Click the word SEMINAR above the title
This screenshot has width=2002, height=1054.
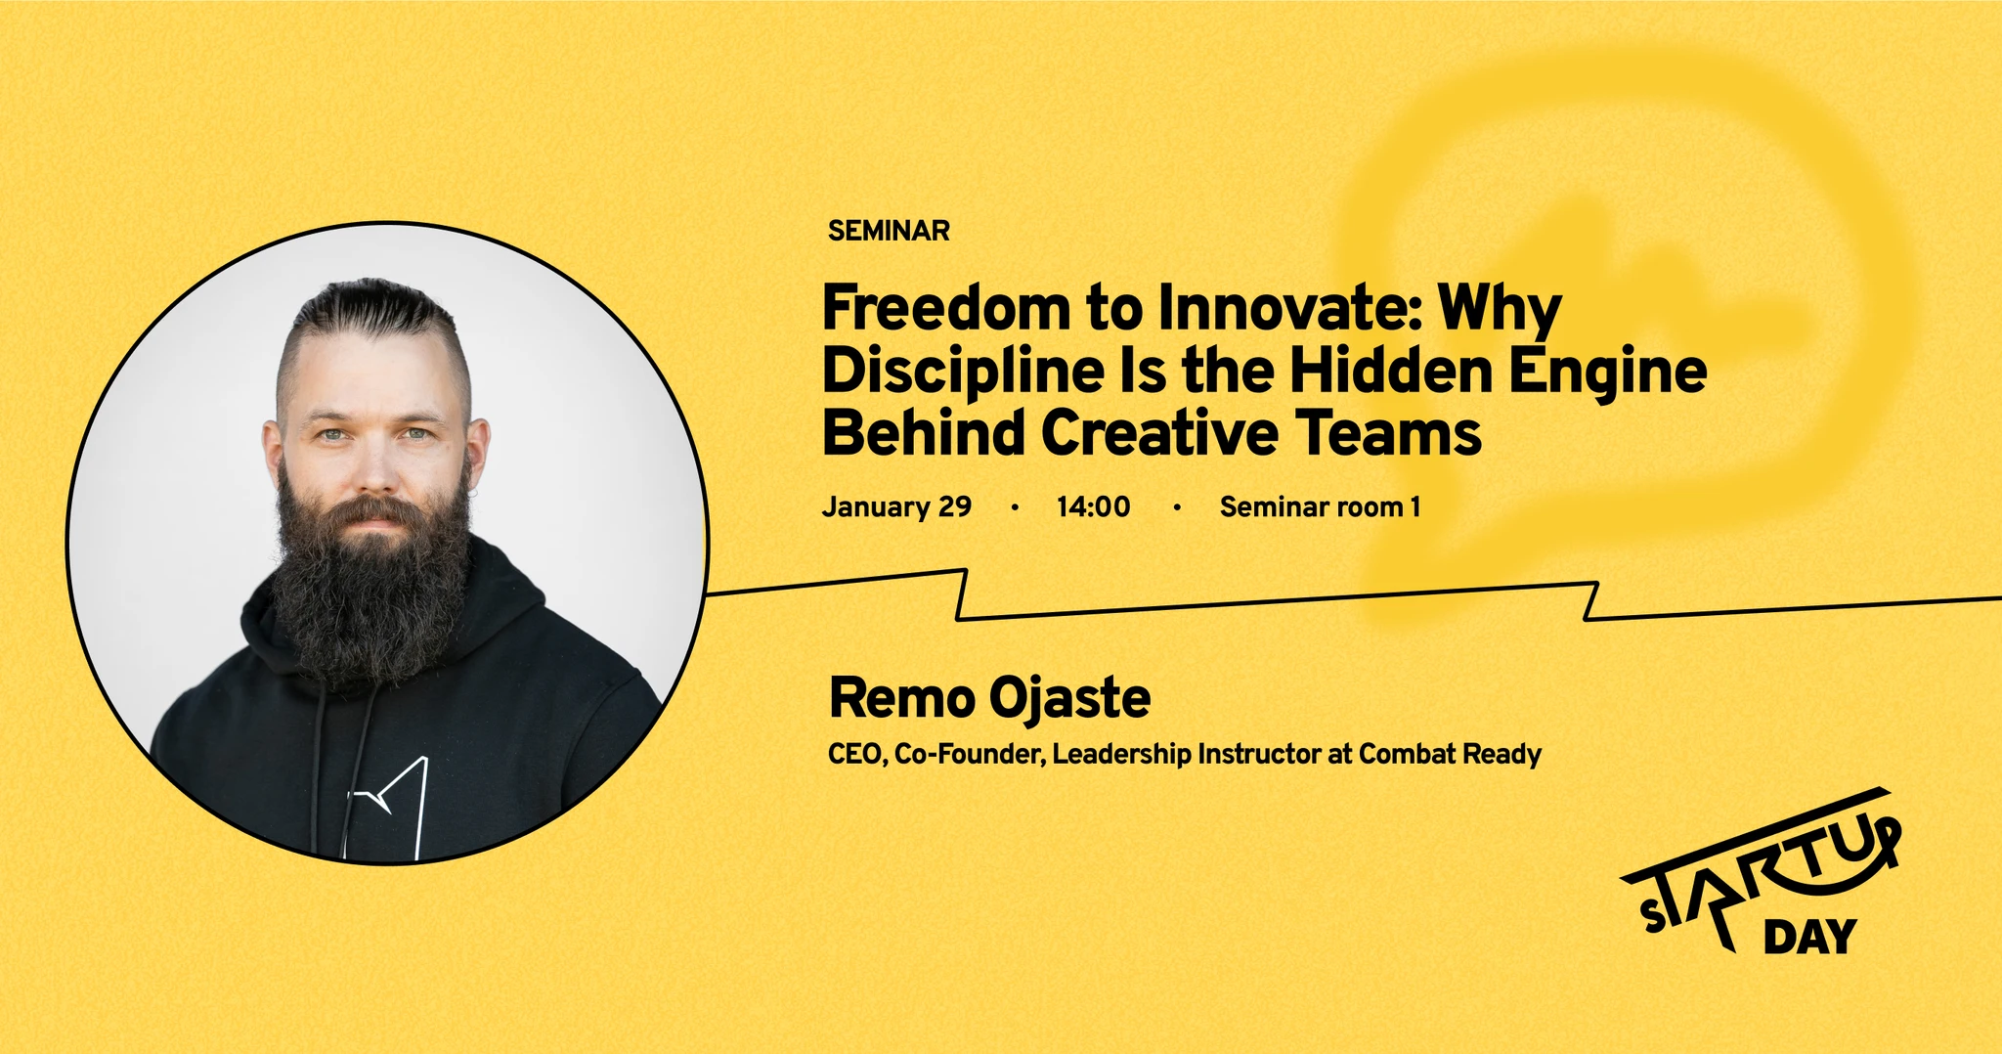(889, 231)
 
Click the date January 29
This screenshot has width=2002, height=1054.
(896, 506)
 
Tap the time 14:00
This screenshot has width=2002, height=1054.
(1093, 506)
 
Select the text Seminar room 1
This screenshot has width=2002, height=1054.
(1320, 506)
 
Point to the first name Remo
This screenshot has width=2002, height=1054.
(902, 698)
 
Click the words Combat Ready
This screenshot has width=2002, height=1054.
(1450, 755)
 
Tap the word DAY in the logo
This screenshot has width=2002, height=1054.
(1809, 937)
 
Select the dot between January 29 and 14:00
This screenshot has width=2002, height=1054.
(1015, 506)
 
